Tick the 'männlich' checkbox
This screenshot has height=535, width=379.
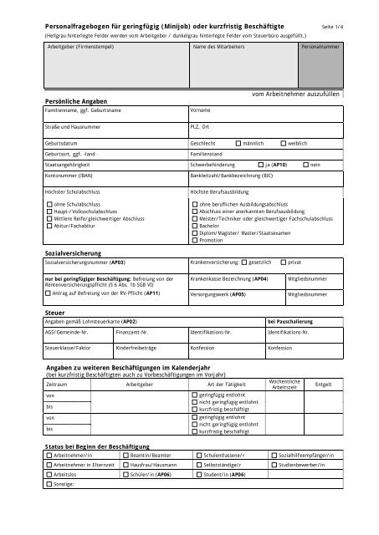pos(239,143)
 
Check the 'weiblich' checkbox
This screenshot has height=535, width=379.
pos(284,143)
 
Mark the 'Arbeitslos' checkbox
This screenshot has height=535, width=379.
pos(49,474)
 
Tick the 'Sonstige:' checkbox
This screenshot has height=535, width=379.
pos(49,484)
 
